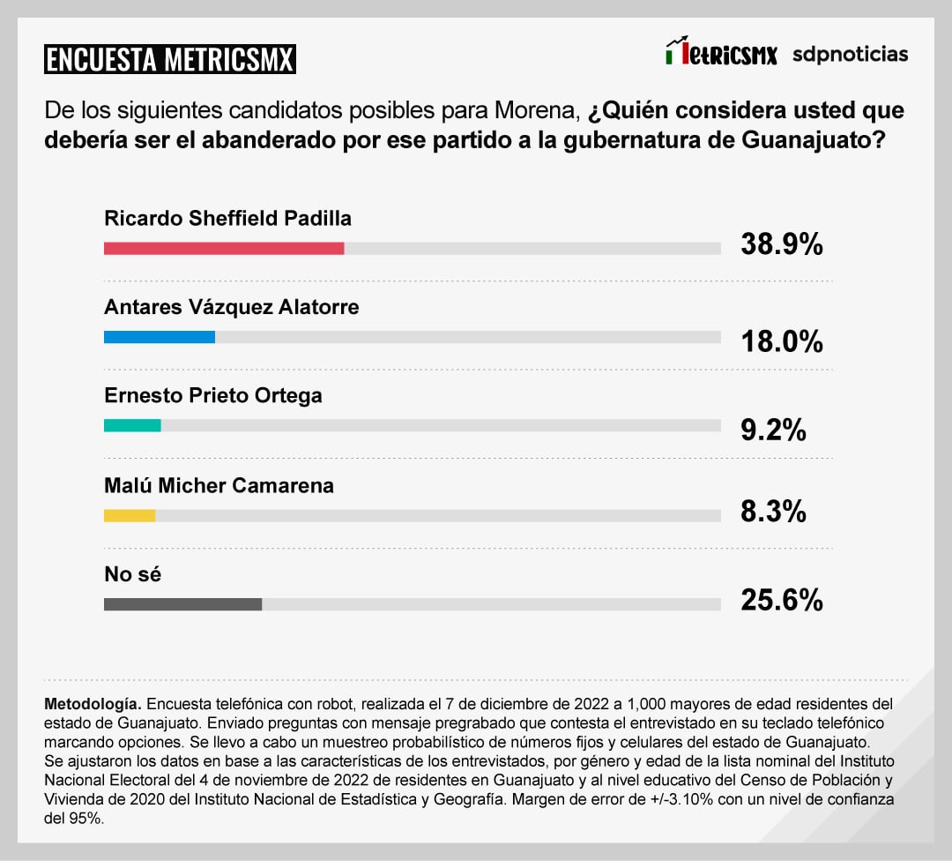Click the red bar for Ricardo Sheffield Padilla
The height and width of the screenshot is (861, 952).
point(224,249)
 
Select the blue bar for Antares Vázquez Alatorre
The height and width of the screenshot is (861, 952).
point(160,337)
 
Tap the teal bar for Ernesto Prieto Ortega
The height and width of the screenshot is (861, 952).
point(132,425)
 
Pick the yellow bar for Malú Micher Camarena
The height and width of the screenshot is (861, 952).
point(130,515)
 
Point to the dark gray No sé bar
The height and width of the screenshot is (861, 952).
point(182,604)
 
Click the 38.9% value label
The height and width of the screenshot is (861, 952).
point(782,244)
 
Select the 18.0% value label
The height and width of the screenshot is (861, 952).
point(782,341)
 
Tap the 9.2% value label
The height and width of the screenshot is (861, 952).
point(773,430)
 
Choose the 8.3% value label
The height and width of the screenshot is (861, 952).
point(773,511)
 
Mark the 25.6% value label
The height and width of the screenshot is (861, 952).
point(782,601)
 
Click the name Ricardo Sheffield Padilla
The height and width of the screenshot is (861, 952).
point(227,218)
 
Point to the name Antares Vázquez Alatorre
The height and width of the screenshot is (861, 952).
point(232,307)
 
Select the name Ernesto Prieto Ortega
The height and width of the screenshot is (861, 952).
point(213,395)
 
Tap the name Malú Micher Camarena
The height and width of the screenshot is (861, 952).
point(219,485)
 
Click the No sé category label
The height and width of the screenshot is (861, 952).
point(133,574)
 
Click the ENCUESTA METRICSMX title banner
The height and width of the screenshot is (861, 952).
point(169,59)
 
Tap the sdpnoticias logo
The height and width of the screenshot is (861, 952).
point(850,54)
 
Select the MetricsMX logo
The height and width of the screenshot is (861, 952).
point(721,53)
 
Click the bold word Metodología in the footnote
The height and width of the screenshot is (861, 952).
point(92,705)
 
